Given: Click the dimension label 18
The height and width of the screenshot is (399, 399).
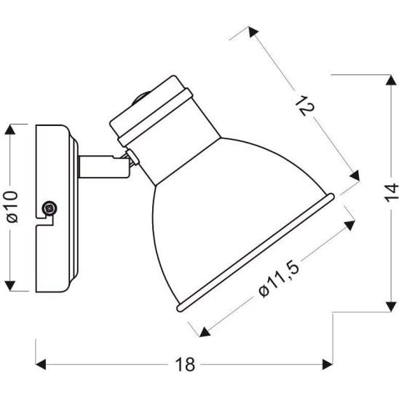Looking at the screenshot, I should [x=188, y=365].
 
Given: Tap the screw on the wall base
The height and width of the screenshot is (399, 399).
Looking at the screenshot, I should [x=50, y=208].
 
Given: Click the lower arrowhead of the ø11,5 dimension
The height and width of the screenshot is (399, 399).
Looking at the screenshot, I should [x=202, y=329].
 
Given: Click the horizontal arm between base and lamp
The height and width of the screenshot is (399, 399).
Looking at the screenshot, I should [x=98, y=167].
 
